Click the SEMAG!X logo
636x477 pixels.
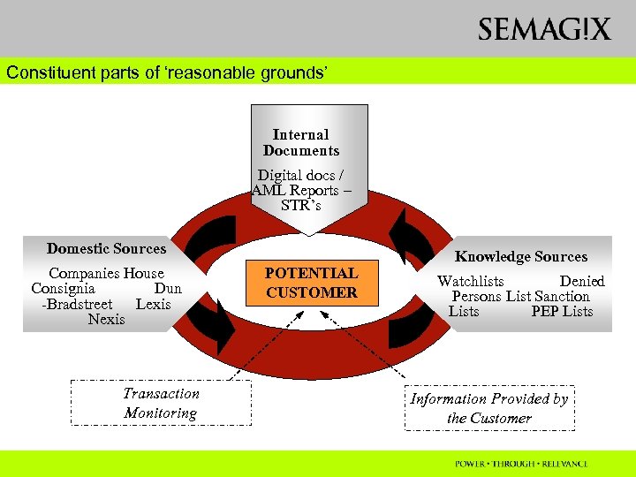(x=544, y=29)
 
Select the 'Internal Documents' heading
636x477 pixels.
(x=300, y=142)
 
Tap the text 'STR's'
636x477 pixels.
(x=301, y=206)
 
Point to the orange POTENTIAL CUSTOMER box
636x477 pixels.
(x=312, y=283)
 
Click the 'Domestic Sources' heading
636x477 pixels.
(x=106, y=249)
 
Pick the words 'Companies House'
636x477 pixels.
(x=106, y=274)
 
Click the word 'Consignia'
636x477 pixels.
(x=63, y=289)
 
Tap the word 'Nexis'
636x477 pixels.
(x=106, y=319)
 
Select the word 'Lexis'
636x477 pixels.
(x=153, y=304)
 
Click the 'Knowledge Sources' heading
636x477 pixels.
(x=520, y=257)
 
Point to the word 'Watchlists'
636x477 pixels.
(x=471, y=282)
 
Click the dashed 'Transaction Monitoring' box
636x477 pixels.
(x=161, y=404)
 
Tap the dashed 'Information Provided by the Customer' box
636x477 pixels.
(x=488, y=408)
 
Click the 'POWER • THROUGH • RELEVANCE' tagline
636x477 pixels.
(x=521, y=463)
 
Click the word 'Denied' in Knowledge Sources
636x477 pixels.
(x=582, y=282)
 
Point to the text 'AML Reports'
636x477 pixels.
(x=291, y=191)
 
